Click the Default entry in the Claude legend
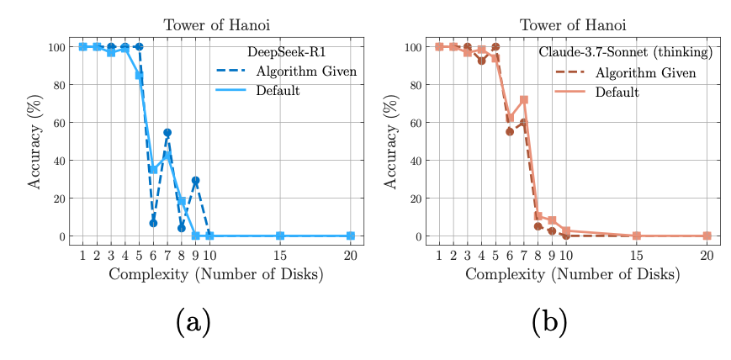[617, 91]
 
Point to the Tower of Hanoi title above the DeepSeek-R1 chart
[216, 25]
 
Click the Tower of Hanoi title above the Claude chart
[572, 25]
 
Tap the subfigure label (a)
[193, 321]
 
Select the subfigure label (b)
[549, 321]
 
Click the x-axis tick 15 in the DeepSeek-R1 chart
[280, 256]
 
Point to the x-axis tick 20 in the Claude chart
[707, 256]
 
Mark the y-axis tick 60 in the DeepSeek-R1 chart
[60, 123]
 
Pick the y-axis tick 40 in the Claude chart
[416, 161]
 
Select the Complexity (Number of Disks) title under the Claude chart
[572, 274]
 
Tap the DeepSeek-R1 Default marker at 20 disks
[351, 236]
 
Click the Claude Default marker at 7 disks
[524, 100]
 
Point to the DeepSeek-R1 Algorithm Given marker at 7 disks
[167, 132]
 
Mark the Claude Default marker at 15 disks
[636, 236]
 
